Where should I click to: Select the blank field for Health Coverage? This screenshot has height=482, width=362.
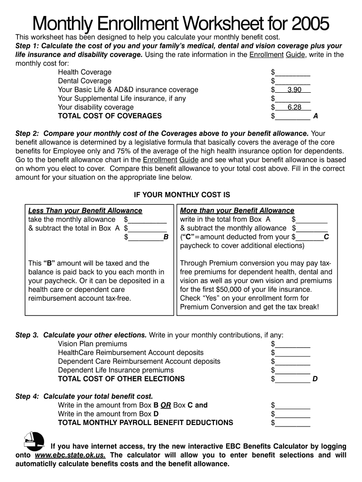[x=292, y=73]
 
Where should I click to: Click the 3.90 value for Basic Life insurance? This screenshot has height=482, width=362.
[x=294, y=90]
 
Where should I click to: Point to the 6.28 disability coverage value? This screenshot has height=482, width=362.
[x=294, y=107]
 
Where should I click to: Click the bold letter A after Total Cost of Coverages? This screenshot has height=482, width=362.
[x=315, y=116]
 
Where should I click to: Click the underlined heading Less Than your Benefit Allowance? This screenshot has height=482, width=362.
[x=85, y=210]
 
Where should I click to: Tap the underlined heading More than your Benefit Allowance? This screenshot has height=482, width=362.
[x=237, y=210]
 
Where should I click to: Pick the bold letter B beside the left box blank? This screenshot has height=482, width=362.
[x=165, y=237]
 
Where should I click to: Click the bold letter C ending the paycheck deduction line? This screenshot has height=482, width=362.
[x=326, y=237]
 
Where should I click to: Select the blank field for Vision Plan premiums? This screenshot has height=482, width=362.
[x=292, y=345]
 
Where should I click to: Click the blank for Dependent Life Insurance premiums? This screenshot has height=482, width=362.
[x=292, y=371]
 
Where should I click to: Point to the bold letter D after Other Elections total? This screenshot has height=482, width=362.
[x=315, y=379]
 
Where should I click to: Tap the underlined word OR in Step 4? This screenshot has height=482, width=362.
[x=165, y=405]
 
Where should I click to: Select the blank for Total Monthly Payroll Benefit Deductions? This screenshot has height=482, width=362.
[x=292, y=423]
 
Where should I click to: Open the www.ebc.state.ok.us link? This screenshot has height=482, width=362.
[x=70, y=455]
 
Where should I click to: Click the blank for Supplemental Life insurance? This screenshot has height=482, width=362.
[x=292, y=99]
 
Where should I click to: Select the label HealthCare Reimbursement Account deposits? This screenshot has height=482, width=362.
[x=131, y=353]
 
